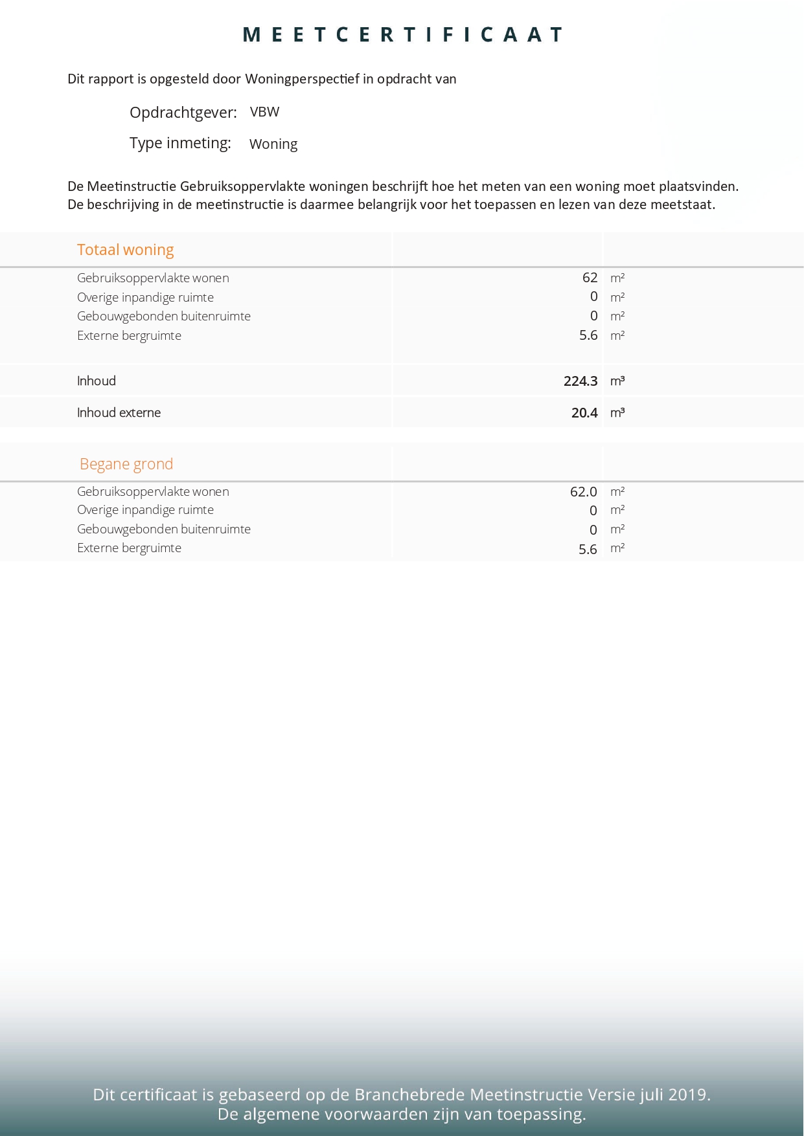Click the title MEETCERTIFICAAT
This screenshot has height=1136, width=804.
tap(402, 34)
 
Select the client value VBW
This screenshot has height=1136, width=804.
tap(264, 112)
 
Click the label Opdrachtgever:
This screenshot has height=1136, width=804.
tap(183, 113)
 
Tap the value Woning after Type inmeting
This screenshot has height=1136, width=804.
tap(273, 144)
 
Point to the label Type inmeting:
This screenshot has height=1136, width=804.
tap(180, 143)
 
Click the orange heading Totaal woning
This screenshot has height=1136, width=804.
tap(125, 250)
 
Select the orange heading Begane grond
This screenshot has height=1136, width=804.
tap(126, 464)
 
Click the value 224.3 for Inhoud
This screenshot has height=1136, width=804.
tap(580, 381)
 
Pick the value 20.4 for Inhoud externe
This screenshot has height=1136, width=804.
tap(584, 412)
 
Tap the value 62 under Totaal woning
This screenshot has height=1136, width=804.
tap(590, 278)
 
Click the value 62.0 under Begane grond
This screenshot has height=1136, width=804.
tap(583, 491)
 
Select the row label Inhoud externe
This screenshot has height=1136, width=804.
tap(119, 412)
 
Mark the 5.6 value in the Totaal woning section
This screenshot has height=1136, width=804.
tap(588, 335)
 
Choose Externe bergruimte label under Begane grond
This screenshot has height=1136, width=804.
tap(129, 548)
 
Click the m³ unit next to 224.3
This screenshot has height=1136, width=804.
tap(617, 381)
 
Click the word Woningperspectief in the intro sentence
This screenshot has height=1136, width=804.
tap(302, 79)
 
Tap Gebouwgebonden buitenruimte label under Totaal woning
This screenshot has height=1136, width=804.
tap(163, 316)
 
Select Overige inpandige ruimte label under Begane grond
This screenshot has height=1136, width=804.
tap(145, 509)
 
